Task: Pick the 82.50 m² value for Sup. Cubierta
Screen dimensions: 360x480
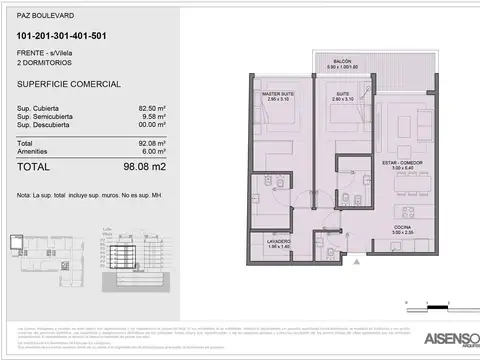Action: tap(151, 106)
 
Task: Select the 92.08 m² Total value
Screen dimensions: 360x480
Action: tap(151, 142)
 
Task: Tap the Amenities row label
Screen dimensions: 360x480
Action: tap(34, 151)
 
